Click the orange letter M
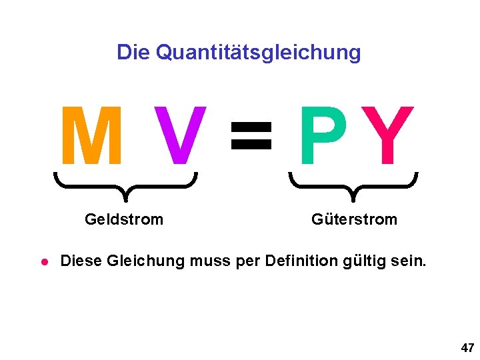(91, 136)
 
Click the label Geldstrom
(124, 219)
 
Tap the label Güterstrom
(354, 219)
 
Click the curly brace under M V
(125, 184)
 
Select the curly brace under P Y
(353, 184)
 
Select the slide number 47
(467, 347)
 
